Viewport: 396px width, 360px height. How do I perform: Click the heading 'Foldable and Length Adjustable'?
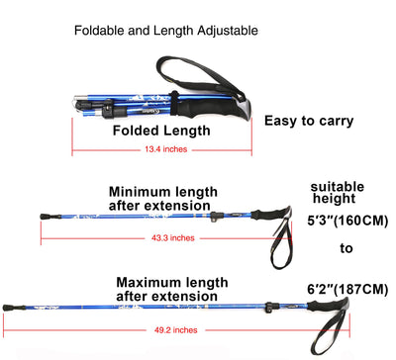coord(166,31)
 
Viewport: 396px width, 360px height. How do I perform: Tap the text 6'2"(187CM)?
coord(346,288)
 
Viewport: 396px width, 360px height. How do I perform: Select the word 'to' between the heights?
coord(346,249)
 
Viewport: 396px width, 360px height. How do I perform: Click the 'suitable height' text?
coord(337,193)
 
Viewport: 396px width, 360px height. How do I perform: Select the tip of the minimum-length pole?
coord(43,215)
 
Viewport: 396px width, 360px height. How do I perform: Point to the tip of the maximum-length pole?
coord(8,308)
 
